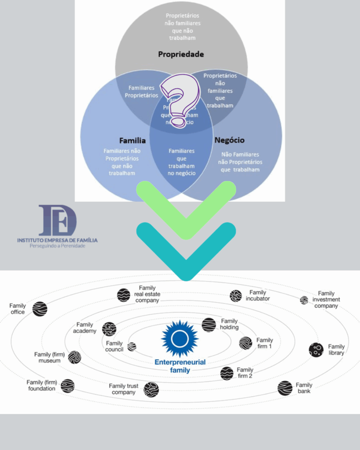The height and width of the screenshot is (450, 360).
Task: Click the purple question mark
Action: [179, 100]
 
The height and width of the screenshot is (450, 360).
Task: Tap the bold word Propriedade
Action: [181, 54]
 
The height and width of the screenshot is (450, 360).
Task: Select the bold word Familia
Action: [132, 141]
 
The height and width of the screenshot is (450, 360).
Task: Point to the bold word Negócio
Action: [229, 141]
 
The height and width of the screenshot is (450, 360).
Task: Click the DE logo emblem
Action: [57, 220]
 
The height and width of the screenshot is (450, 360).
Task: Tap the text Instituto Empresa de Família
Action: [57, 240]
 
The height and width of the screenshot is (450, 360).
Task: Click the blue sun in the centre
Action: [180, 339]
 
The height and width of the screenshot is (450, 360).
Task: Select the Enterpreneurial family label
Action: [180, 366]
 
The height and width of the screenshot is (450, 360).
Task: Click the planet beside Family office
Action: [40, 309]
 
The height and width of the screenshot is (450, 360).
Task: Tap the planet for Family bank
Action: [285, 388]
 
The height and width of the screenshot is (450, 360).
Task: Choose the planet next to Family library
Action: [316, 350]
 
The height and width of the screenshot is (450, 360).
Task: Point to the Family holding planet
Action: [209, 325]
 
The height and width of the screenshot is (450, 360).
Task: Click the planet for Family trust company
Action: [151, 389]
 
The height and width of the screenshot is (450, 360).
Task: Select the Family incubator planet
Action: [236, 296]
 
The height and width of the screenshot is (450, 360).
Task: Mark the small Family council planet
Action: [132, 347]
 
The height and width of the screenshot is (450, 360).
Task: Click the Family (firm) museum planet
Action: [74, 357]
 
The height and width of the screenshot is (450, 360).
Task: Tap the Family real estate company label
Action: [147, 294]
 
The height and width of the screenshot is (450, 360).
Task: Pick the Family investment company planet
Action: [304, 300]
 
